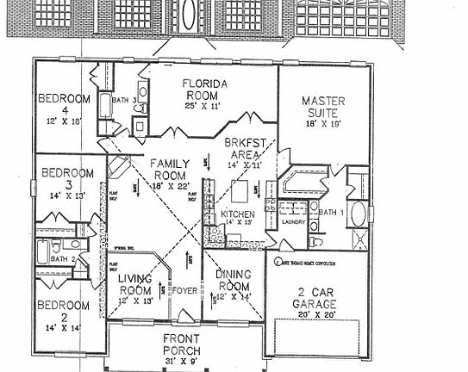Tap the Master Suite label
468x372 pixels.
324,107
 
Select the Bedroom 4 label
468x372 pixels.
65,104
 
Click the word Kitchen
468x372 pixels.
237,213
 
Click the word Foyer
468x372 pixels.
184,290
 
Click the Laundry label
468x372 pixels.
295,222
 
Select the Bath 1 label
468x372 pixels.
331,211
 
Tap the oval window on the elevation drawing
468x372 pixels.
188,18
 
